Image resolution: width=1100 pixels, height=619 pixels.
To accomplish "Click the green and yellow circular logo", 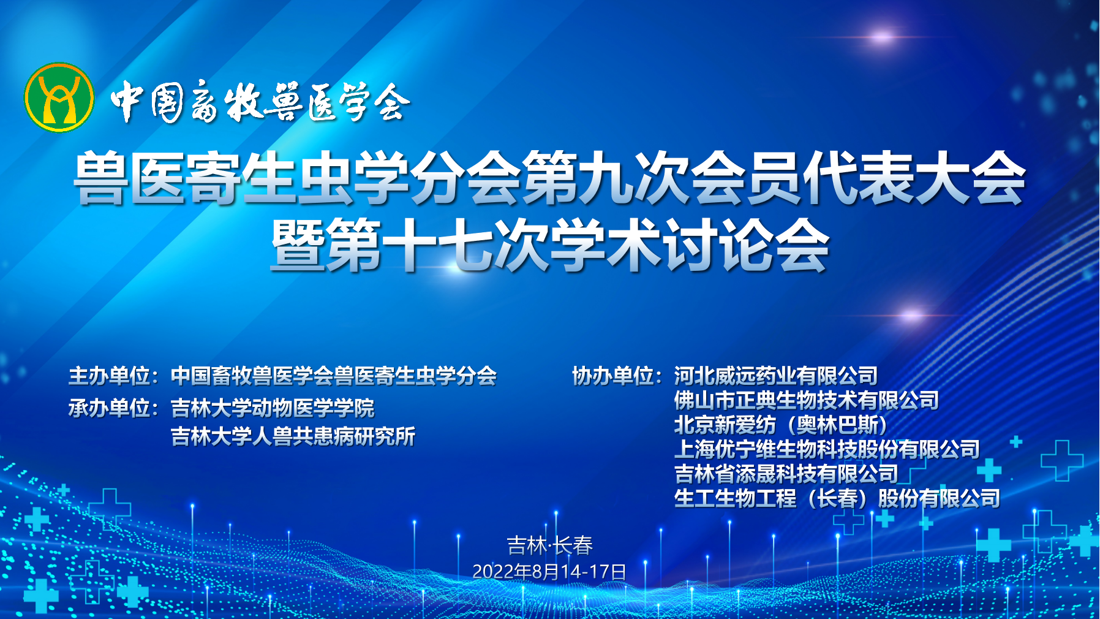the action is coord(59,97).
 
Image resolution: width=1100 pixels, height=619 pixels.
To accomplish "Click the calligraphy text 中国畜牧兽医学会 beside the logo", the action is coord(260,102).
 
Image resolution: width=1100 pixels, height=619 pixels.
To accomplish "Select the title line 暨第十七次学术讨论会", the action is coord(549,245).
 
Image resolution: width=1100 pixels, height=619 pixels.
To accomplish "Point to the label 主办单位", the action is coord(109,376).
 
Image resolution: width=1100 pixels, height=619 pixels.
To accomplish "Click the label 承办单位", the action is coord(109,408).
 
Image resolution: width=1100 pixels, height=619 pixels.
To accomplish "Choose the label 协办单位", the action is coord(612,376).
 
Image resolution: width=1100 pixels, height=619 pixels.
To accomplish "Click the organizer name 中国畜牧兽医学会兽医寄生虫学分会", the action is coord(334,376).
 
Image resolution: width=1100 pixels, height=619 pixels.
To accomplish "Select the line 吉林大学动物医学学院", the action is coord(273,408).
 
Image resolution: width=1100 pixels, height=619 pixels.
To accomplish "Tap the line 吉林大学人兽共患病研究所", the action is coord(293,436).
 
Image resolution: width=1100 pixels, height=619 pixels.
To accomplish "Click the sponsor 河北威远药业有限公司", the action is coord(776,376).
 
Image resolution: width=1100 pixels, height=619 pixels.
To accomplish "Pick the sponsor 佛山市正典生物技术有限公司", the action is coord(807,400).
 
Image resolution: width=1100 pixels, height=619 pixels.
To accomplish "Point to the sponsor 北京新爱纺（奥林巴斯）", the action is coord(781,425).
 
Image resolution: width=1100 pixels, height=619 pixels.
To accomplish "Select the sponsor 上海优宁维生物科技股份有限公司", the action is coord(827,449).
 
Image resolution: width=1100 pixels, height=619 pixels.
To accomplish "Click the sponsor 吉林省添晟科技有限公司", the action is coord(786,474).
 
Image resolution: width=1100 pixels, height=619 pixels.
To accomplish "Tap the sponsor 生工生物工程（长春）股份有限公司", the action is coord(837,498).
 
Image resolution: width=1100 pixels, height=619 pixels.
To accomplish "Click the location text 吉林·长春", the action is coord(549,545).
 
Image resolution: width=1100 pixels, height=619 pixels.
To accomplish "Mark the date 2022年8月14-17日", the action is coord(549,572).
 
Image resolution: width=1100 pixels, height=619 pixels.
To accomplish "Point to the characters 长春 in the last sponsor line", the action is coord(837,498).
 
